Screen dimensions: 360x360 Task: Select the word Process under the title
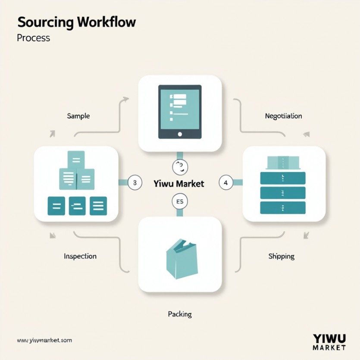33,38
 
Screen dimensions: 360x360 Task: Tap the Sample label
78,116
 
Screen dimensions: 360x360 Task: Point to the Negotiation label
283,116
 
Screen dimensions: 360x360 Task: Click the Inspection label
80,256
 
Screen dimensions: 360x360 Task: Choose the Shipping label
281,256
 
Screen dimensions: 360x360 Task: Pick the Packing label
179,314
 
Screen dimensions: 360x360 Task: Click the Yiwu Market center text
178,183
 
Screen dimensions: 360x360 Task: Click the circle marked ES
180,201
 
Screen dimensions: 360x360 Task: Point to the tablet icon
180,112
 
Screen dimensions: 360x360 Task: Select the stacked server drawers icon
283,192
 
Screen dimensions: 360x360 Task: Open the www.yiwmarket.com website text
44,340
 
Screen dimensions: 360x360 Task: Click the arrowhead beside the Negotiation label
306,134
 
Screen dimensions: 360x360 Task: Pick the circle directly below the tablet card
180,166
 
